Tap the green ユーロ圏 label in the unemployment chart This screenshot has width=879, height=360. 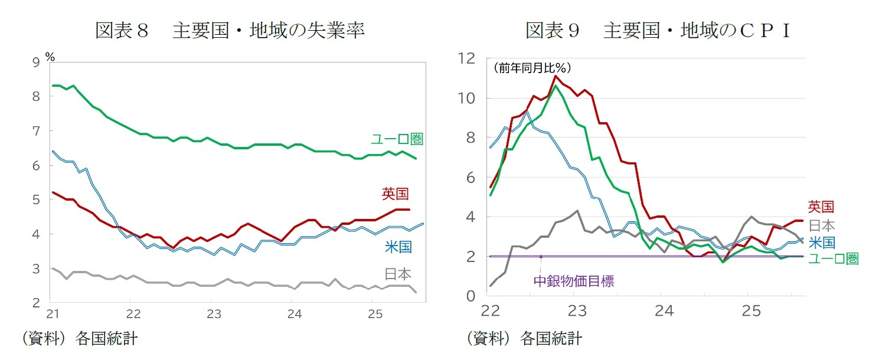coord(397,139)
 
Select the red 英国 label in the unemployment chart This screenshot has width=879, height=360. coord(396,194)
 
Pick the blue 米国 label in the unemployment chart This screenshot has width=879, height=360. coord(398,247)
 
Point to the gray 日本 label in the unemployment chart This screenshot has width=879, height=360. coord(398,274)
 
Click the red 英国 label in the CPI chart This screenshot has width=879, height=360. coord(821,207)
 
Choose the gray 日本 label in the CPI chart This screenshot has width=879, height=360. coord(821,225)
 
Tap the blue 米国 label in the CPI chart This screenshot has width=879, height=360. coord(822,242)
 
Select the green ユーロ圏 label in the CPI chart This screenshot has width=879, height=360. coord(832,258)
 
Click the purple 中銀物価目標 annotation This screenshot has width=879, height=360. coord(573,281)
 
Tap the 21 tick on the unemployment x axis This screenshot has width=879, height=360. coord(53,312)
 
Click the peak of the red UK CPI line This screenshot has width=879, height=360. coord(555,76)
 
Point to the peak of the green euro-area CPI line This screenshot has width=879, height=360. coord(555,86)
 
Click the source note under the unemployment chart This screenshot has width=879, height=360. coord(80,339)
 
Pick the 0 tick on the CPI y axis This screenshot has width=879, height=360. coord(471,296)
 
